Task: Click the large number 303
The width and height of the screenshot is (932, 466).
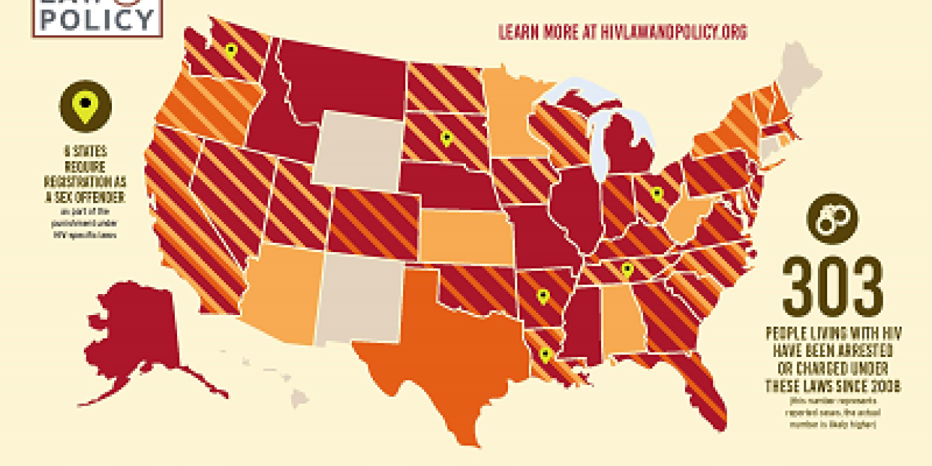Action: (x=832, y=287)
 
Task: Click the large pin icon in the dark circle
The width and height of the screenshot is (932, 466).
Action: (x=85, y=106)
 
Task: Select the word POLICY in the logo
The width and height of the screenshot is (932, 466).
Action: (x=97, y=20)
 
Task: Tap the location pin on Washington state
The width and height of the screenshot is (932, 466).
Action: (x=230, y=51)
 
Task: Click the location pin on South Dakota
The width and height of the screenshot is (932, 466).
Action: (x=446, y=138)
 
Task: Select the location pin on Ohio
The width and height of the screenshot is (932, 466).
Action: (x=657, y=194)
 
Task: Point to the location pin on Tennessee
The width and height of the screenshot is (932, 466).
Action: (x=627, y=270)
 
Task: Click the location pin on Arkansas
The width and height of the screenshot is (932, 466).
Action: (x=543, y=295)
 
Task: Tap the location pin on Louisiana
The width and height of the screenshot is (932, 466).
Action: (x=545, y=354)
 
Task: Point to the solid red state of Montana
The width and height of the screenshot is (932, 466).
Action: (x=340, y=79)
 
